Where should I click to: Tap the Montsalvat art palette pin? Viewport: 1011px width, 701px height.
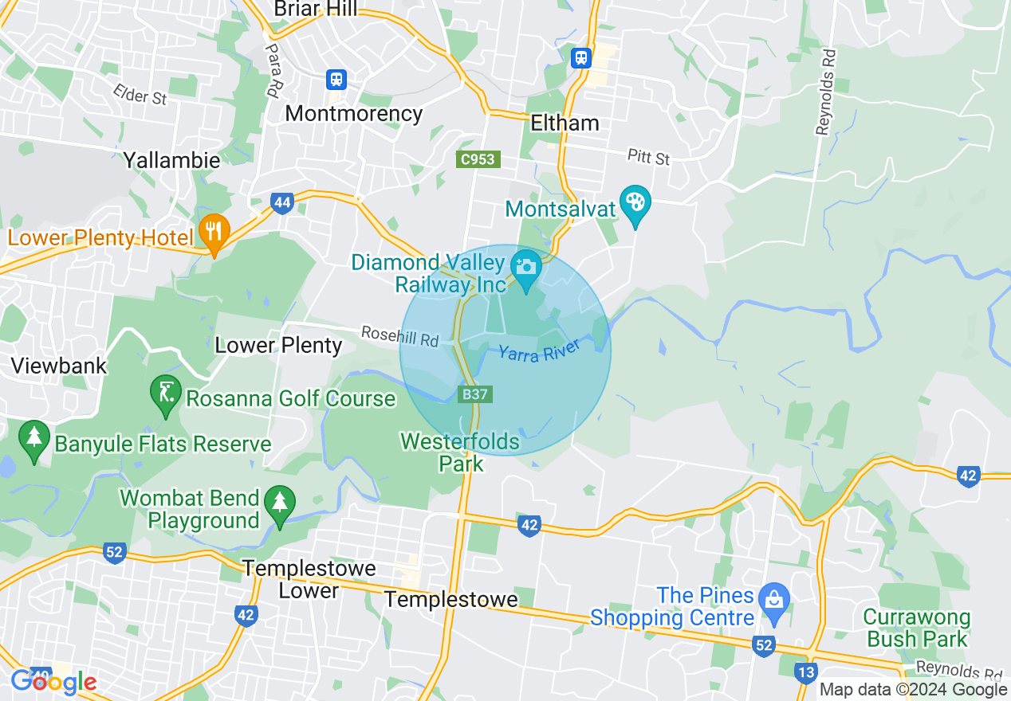[635, 203]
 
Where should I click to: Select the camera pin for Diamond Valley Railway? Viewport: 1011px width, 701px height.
[525, 267]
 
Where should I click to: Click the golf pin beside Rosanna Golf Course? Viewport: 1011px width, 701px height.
[165, 393]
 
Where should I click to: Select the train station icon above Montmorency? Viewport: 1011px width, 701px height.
[336, 79]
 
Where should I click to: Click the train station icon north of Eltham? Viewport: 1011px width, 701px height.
[580, 57]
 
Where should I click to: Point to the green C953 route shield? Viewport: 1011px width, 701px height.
[478, 159]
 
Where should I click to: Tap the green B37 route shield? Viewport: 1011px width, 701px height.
[475, 394]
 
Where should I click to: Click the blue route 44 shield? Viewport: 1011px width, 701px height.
[281, 203]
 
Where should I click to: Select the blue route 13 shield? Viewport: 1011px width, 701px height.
[806, 672]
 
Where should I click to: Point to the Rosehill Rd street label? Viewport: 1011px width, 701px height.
[399, 335]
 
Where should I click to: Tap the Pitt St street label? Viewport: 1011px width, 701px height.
[648, 156]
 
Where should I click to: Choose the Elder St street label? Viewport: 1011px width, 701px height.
[140, 95]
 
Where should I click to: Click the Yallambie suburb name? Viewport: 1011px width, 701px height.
[171, 160]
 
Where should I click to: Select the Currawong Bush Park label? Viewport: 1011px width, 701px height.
[917, 629]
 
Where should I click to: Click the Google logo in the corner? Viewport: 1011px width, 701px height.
[53, 682]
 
